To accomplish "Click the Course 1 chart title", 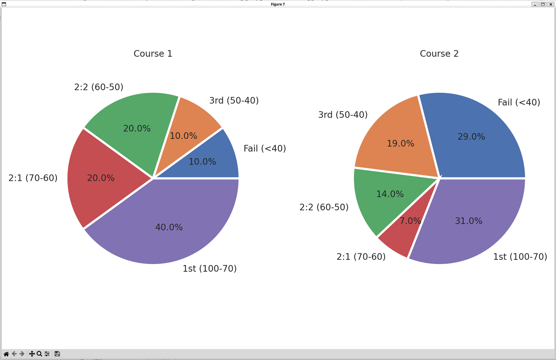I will [x=153, y=53].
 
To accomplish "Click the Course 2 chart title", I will [x=439, y=53].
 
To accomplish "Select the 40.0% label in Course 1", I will [x=169, y=227].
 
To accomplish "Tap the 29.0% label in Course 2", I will [x=471, y=136].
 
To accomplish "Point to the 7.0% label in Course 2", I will [x=410, y=221].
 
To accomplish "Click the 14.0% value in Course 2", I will [x=390, y=194].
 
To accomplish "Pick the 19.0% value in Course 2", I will [x=400, y=143].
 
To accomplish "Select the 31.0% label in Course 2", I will [x=469, y=221].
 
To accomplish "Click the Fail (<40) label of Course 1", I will [x=265, y=148].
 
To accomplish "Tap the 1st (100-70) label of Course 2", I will [x=520, y=256].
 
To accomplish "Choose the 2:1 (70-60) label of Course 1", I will [x=33, y=178].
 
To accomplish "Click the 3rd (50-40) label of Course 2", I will [x=343, y=115].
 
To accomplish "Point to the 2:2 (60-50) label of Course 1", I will [x=99, y=87].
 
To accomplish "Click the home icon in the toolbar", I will [x=6, y=354].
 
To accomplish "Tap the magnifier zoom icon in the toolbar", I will [x=39, y=354].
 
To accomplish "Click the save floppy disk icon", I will [x=57, y=354].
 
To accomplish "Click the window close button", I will [x=551, y=4].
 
